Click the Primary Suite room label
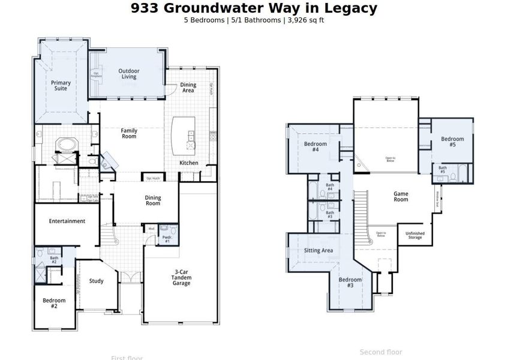61,86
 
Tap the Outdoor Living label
129,73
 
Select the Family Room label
129,133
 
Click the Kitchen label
189,163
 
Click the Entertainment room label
67,221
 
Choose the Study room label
97,281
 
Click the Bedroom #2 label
54,303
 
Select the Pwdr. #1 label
167,238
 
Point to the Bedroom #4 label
315,147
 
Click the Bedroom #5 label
452,142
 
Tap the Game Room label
401,196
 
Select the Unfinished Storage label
414,235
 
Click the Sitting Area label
318,250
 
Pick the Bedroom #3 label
350,283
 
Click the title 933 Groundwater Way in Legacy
254,8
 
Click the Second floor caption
381,352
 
